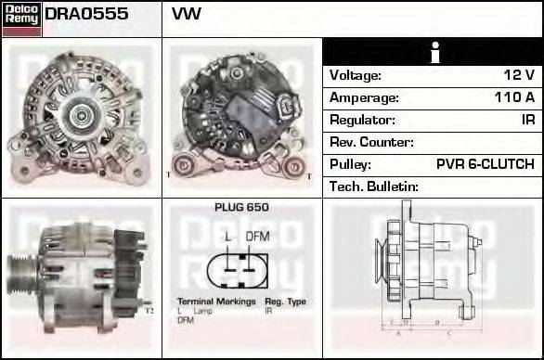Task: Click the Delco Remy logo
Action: (21, 18)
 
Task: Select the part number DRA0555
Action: (86, 15)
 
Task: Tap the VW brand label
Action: (187, 15)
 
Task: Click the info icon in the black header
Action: (432, 52)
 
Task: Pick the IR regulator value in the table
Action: (527, 120)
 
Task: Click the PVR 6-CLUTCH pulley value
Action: (485, 164)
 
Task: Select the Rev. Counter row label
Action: (371, 142)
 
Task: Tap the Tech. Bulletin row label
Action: (374, 186)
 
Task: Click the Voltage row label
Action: (356, 75)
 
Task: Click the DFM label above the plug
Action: (257, 237)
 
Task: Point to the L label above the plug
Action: (228, 237)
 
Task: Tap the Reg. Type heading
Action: (285, 302)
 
